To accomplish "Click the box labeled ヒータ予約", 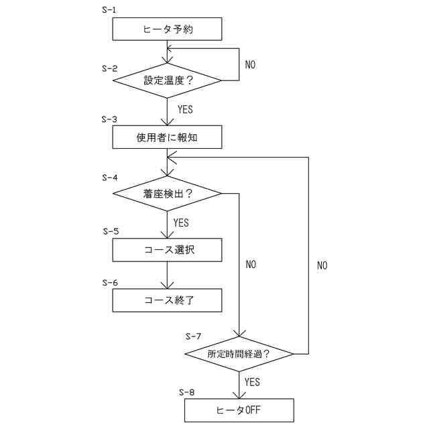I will (x=166, y=29).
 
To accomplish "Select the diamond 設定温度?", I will (x=166, y=80).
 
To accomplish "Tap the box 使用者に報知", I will (x=166, y=137).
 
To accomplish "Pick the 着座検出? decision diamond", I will (x=166, y=194).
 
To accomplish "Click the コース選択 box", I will (x=166, y=250).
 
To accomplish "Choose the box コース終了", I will (x=166, y=300).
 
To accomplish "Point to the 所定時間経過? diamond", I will (x=239, y=353).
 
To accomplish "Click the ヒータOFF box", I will (x=239, y=410).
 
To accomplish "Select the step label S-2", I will (x=109, y=68).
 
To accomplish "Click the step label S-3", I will (x=109, y=119).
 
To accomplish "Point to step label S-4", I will (x=109, y=178).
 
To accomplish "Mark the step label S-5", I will (x=111, y=231).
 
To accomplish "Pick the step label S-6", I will (x=110, y=282).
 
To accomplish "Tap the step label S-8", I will (x=187, y=391).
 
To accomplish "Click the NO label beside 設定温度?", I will (x=251, y=65).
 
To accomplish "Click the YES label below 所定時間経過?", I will (x=252, y=382).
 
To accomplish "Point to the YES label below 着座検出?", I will (x=181, y=222).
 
